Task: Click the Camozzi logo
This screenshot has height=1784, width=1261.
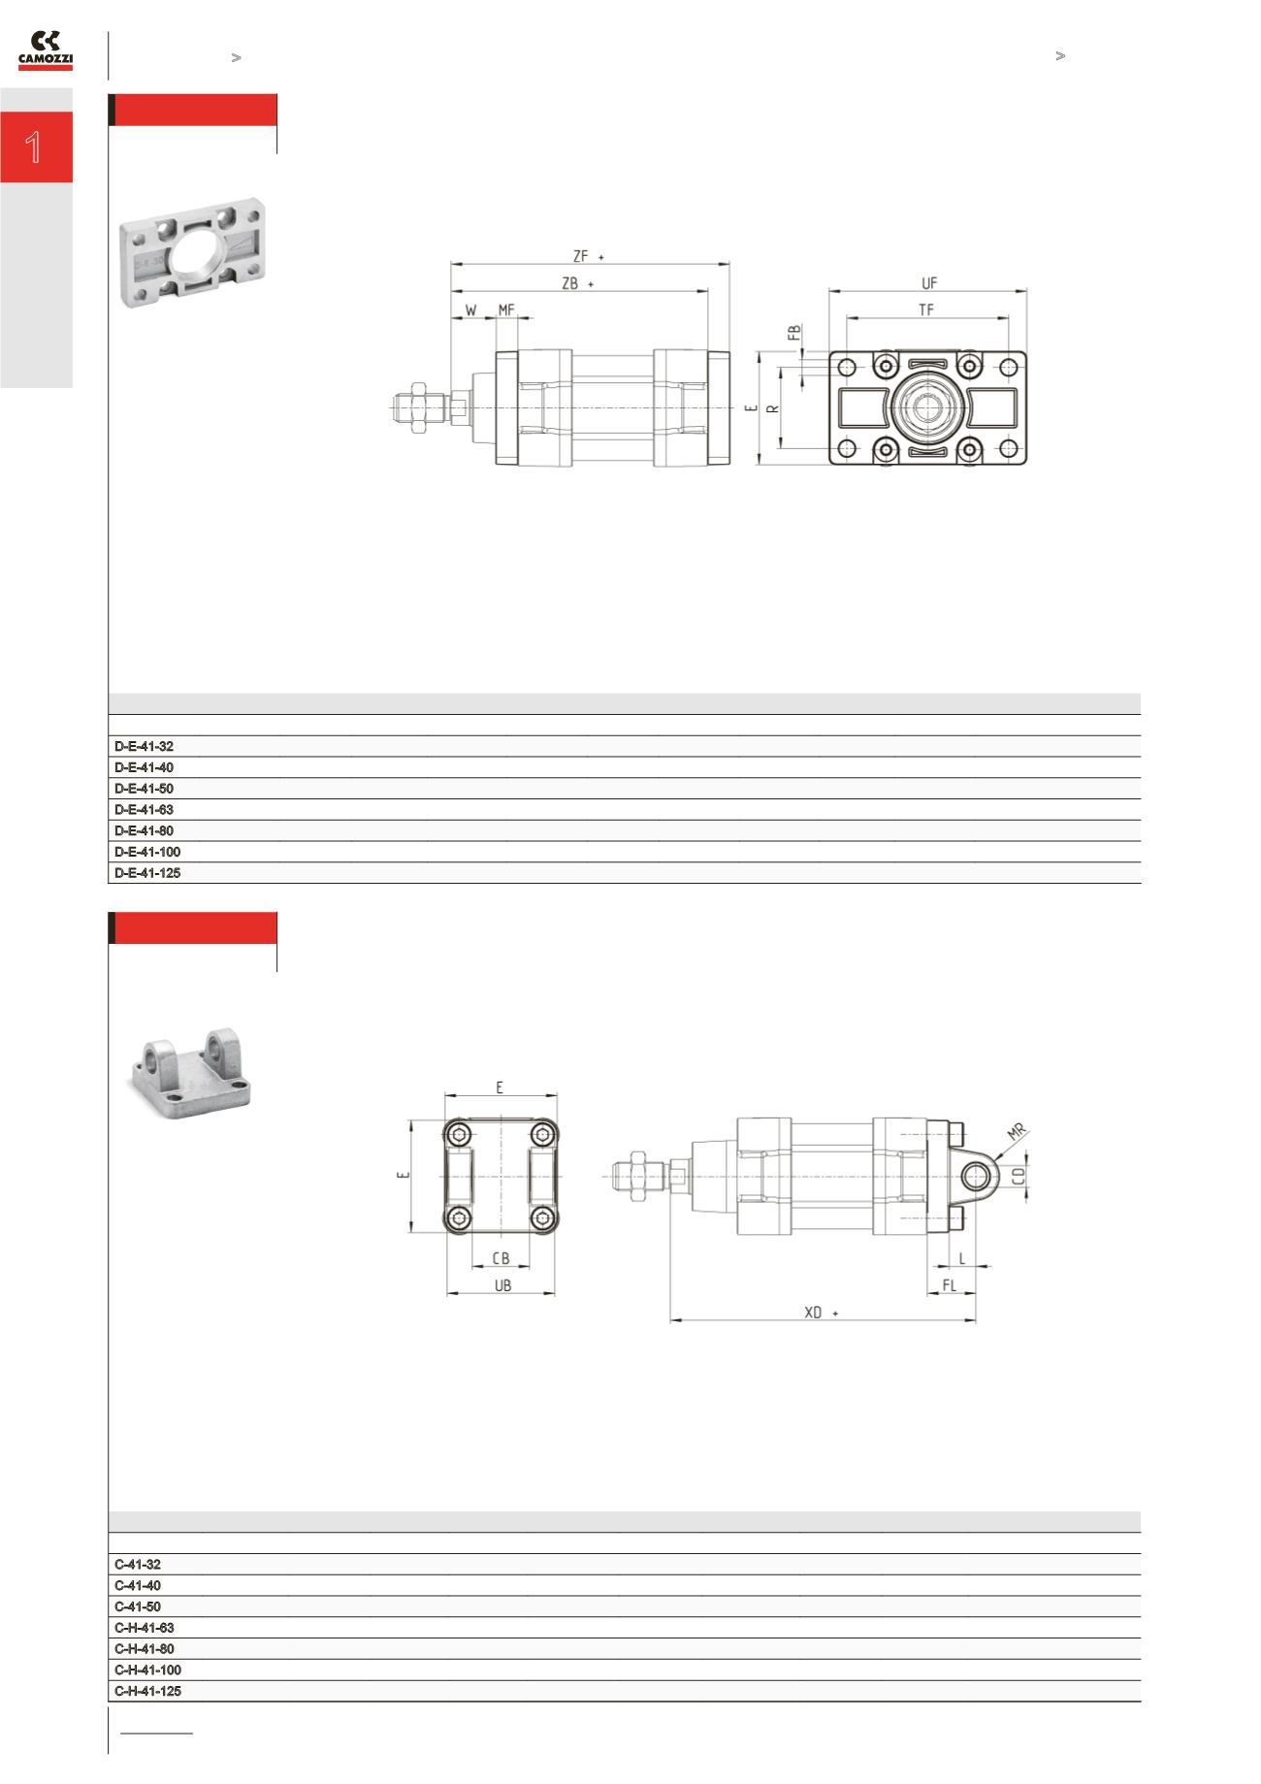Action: [45, 50]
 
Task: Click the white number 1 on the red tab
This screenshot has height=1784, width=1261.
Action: [34, 147]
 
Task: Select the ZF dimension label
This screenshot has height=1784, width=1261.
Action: [580, 256]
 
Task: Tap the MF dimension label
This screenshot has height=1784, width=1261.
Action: [506, 309]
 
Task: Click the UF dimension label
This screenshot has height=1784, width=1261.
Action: [928, 283]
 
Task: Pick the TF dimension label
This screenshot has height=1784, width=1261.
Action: [926, 309]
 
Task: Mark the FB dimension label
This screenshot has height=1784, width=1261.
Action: [794, 333]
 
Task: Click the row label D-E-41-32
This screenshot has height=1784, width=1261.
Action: [144, 746]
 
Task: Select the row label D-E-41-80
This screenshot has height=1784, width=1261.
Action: [144, 830]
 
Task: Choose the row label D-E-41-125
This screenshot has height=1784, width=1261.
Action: [147, 873]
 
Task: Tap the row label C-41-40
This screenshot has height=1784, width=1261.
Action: [138, 1585]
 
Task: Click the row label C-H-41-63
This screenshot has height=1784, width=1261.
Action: [144, 1628]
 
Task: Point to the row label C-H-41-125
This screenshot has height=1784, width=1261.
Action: [147, 1691]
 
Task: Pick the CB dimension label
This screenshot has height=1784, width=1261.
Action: [501, 1258]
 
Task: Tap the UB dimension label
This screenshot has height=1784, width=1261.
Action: [502, 1285]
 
